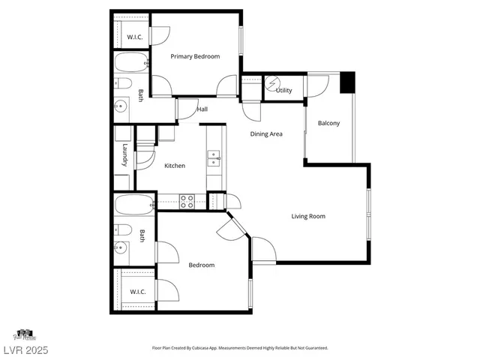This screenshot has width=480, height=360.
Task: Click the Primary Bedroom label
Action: pyautogui.click(x=195, y=56)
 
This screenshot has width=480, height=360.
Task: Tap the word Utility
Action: pyautogui.click(x=283, y=91)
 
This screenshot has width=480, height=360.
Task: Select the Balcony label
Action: pyautogui.click(x=329, y=123)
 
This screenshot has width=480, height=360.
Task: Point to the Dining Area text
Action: pyautogui.click(x=265, y=134)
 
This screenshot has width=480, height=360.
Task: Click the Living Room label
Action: pyautogui.click(x=308, y=216)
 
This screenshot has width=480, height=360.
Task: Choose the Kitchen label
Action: pyautogui.click(x=175, y=166)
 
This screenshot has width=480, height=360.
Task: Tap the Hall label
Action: pyautogui.click(x=202, y=109)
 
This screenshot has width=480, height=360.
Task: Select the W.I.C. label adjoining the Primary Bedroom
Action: pyautogui.click(x=135, y=37)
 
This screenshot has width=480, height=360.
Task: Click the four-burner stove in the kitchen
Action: pyautogui.click(x=186, y=201)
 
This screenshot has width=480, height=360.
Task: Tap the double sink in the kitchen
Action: pyautogui.click(x=214, y=157)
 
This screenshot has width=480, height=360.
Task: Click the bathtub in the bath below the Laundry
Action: pyautogui.click(x=133, y=204)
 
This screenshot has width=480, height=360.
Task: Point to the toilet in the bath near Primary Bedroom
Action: pyautogui.click(x=124, y=83)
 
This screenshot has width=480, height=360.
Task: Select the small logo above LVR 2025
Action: pyautogui.click(x=24, y=334)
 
